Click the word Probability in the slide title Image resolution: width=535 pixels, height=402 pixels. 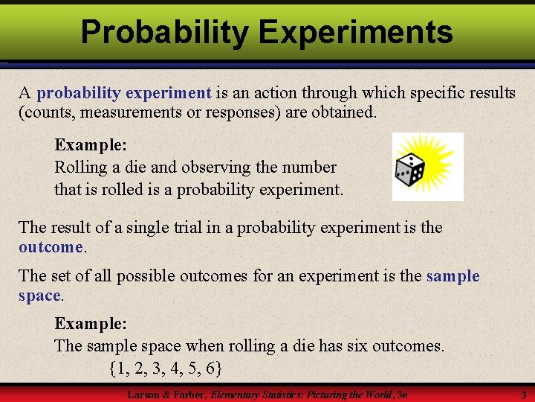tap(165, 32)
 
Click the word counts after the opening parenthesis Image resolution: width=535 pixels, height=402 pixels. tap(45, 112)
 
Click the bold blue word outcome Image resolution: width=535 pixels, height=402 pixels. tap(51, 246)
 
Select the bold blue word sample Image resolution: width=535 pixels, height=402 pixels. tap(453, 276)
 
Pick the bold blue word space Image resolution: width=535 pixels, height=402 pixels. tap(39, 296)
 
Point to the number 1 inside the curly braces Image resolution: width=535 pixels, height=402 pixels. tap(122, 368)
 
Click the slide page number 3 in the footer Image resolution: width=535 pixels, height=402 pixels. tap(523, 395)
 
